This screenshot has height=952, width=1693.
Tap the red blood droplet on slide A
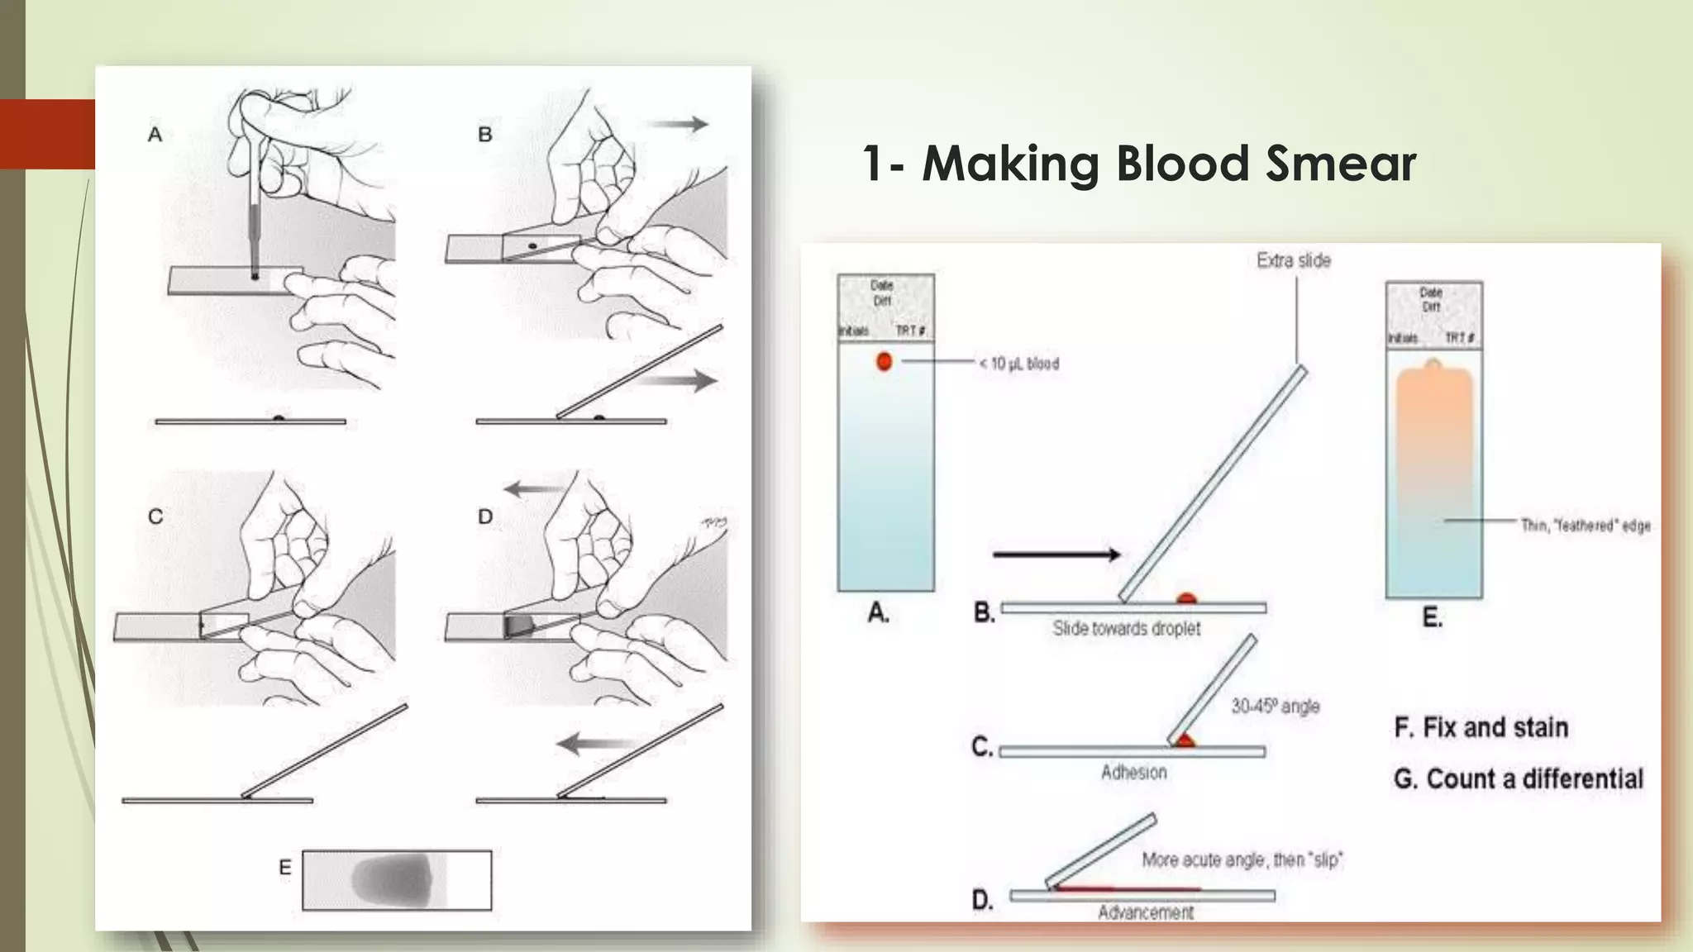[884, 361]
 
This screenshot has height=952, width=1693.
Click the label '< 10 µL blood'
[1018, 364]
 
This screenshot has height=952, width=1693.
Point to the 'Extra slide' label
[1293, 260]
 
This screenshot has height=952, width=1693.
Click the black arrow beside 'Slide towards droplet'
[1056, 555]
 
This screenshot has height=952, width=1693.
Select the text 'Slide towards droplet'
[1126, 628]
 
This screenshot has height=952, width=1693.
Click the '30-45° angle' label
[1275, 707]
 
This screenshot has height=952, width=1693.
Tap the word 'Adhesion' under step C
[1133, 772]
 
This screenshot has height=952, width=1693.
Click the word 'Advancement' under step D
[1145, 912]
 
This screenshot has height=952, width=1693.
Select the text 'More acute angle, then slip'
[1242, 860]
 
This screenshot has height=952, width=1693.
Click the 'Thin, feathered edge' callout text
[1585, 526]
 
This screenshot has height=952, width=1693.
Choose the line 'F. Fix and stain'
[1481, 727]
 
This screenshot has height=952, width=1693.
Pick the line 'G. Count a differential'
[1518, 778]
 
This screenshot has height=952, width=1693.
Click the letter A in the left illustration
[155, 135]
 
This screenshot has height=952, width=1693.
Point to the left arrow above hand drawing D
[533, 488]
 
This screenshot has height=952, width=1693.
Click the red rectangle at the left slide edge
[47, 134]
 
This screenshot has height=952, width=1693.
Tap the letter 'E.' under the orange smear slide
[1432, 617]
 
